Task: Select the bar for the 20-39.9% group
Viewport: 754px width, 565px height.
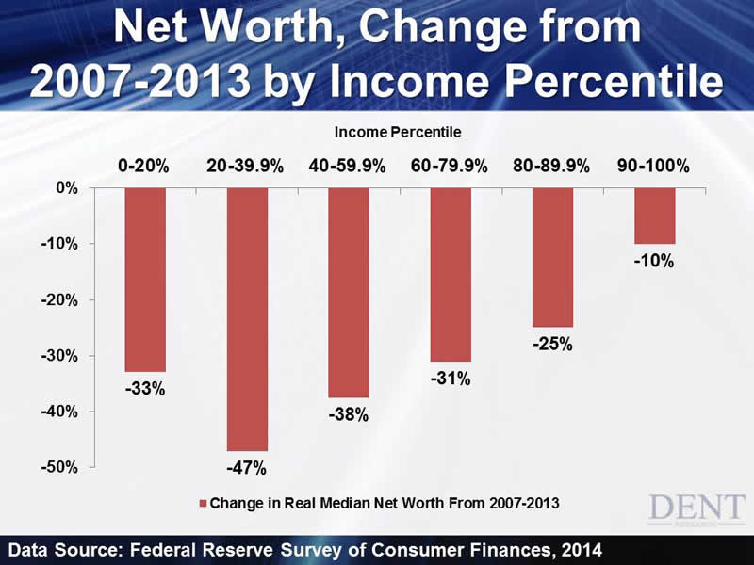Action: (x=247, y=319)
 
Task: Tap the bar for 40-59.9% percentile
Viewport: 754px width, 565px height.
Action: (x=348, y=293)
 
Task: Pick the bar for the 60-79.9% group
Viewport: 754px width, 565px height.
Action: (x=450, y=274)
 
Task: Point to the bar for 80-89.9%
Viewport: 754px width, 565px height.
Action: (x=552, y=257)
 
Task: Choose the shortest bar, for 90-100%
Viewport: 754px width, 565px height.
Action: (x=654, y=216)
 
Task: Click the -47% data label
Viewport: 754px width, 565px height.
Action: (x=247, y=467)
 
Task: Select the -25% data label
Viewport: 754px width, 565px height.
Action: (x=552, y=344)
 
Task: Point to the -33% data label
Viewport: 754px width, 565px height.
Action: (x=145, y=388)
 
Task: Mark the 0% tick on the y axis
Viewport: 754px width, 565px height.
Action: (x=77, y=188)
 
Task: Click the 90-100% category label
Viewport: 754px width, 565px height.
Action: (x=654, y=166)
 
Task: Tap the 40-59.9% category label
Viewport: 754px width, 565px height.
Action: (x=348, y=166)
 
